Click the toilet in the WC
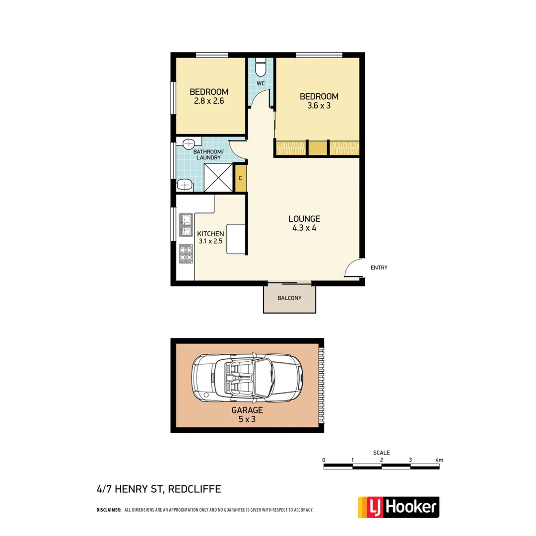click(x=261, y=67)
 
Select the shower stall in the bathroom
click(x=218, y=177)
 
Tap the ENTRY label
click(x=379, y=268)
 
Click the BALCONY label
click(x=289, y=298)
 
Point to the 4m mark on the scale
click(x=438, y=460)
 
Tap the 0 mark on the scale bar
click(x=324, y=460)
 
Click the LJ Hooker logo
click(x=399, y=507)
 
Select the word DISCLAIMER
click(x=109, y=510)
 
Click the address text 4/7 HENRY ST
click(x=130, y=489)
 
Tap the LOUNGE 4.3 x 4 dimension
click(x=304, y=223)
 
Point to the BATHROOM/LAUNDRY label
click(x=208, y=154)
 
